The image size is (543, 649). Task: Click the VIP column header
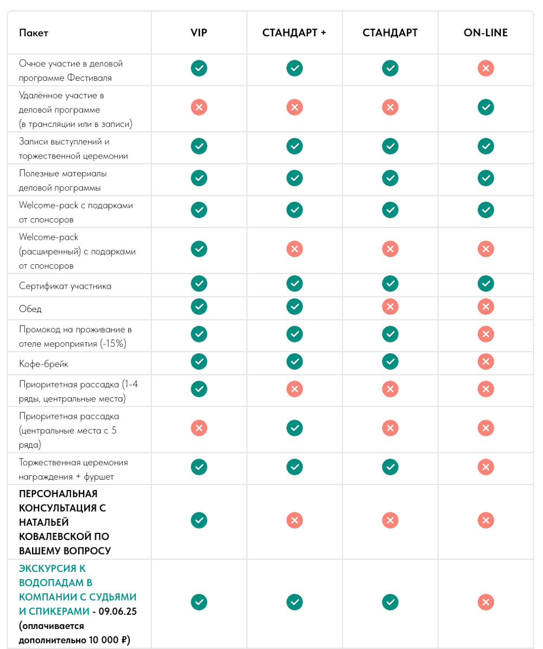tap(199, 33)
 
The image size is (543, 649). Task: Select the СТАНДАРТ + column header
tap(294, 33)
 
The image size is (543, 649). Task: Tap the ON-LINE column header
tap(485, 33)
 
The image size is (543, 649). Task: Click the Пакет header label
tap(34, 33)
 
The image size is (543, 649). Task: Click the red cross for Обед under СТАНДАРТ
tap(390, 307)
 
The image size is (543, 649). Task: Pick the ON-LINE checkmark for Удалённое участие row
tap(485, 107)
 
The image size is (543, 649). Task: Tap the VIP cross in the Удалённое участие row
tap(199, 107)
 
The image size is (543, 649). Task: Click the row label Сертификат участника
tap(65, 286)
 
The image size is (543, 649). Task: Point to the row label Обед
tap(30, 309)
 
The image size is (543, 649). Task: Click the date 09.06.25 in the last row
tap(118, 612)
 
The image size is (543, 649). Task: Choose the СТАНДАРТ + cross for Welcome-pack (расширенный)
tap(294, 249)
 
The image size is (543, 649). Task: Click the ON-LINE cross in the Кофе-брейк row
tap(485, 361)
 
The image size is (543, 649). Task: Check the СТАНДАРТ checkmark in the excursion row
tap(390, 602)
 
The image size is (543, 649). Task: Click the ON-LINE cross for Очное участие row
tap(485, 68)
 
